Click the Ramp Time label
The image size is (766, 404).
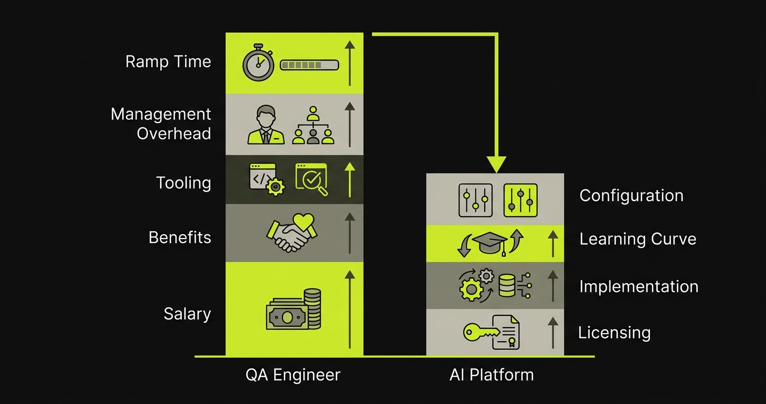pyautogui.click(x=168, y=62)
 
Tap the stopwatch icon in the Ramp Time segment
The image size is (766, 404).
pyautogui.click(x=258, y=62)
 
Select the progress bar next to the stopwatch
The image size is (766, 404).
pyautogui.click(x=309, y=65)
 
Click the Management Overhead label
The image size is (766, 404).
pyautogui.click(x=161, y=124)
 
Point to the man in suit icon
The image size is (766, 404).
pyautogui.click(x=266, y=125)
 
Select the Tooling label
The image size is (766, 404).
pyautogui.click(x=183, y=183)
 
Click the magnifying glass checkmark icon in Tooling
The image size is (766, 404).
pyautogui.click(x=311, y=179)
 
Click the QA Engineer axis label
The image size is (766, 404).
pyautogui.click(x=293, y=374)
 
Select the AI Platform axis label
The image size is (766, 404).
pyautogui.click(x=492, y=374)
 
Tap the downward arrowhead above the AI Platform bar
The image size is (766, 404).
pyautogui.click(x=495, y=164)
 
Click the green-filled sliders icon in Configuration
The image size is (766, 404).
pyautogui.click(x=520, y=200)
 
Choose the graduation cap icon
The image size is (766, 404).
pyautogui.click(x=488, y=243)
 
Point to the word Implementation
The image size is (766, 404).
pyautogui.click(x=639, y=286)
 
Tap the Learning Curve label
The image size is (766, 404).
pyautogui.click(x=637, y=239)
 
